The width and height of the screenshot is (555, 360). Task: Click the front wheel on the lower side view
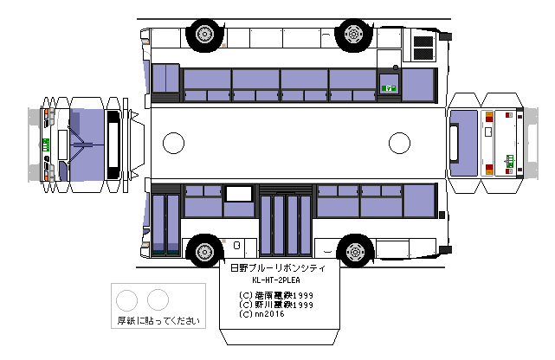203,250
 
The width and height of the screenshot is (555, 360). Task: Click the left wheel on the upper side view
204,34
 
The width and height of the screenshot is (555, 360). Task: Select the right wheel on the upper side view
353,34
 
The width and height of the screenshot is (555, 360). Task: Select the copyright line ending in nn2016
264,314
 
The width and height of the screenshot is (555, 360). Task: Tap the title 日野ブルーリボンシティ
277,270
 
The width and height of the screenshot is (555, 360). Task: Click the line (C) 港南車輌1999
276,295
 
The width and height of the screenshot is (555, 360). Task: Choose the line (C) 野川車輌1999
276,305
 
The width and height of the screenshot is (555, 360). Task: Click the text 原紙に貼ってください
158,321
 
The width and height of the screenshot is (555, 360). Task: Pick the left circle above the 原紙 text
127,300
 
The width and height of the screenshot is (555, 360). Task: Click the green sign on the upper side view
390,87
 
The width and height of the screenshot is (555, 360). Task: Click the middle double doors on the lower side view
286,223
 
